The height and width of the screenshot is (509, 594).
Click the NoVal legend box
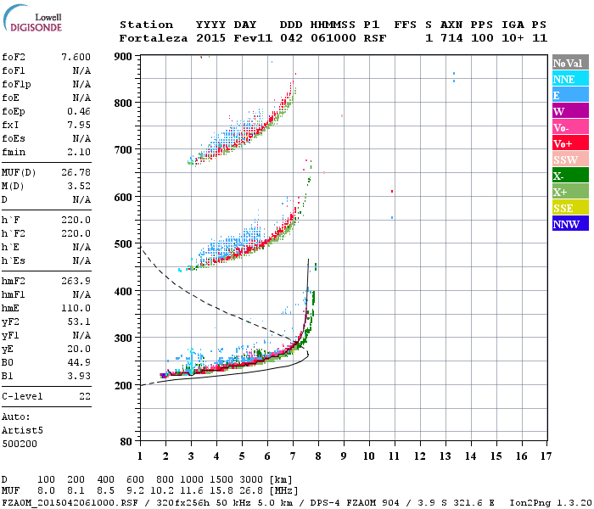[x=569, y=63]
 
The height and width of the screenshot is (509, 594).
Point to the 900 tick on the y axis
[x=124, y=56]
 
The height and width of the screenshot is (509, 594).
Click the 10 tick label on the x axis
[x=368, y=456]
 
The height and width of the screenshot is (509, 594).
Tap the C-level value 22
[x=84, y=396]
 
